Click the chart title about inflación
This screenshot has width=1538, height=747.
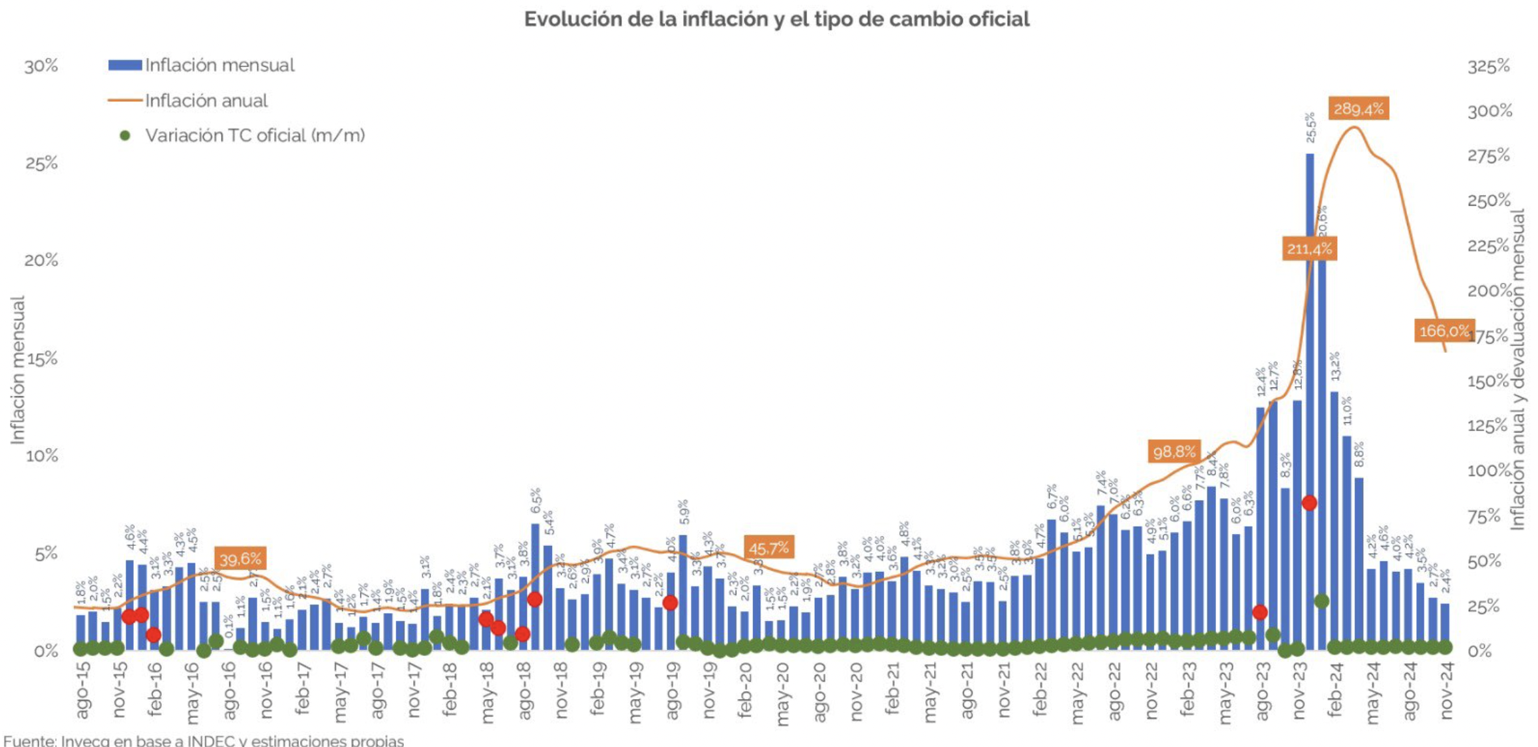[x=776, y=19]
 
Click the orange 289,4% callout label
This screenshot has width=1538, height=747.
[x=1358, y=109]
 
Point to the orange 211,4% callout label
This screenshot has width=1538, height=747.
[x=1309, y=249]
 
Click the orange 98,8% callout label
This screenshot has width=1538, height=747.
[x=1174, y=452]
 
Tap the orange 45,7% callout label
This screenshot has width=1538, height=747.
[x=768, y=549]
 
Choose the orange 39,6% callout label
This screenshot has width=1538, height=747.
[x=240, y=559]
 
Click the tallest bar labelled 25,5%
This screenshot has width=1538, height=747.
[x=1310, y=399]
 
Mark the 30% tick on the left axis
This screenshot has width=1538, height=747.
[x=41, y=67]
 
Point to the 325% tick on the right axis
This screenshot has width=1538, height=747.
[x=1488, y=67]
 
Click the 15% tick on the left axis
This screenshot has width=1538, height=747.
[x=41, y=360]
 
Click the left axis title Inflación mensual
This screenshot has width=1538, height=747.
[x=17, y=370]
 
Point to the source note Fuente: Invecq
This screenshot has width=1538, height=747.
[x=203, y=740]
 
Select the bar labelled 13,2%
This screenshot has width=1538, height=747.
[x=1334, y=519]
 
